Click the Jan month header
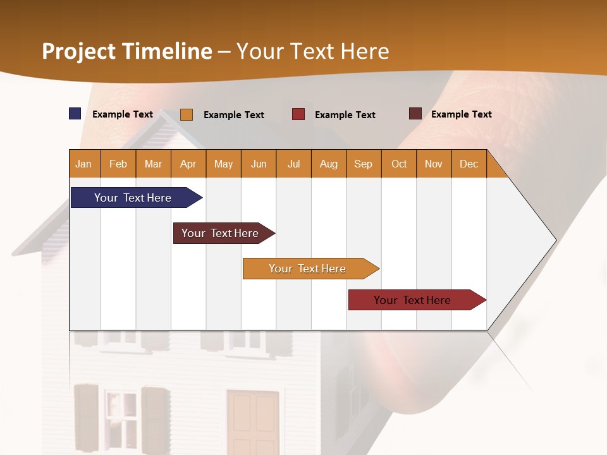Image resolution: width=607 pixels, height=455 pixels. pos(83,164)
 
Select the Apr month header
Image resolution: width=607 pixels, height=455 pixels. pos(188,164)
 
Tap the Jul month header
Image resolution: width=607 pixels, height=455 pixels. pos(294,164)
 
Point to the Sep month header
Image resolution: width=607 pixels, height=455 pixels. pos(364,164)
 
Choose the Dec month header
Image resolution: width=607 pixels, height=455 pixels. pos(469,164)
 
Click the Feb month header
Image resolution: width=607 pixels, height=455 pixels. pos(118,164)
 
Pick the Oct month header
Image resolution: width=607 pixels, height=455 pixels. pos(399,164)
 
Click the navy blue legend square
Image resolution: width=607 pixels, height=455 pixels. pos(75,114)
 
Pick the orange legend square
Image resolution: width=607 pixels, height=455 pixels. pos(187,114)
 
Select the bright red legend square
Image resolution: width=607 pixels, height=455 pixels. pos(298,114)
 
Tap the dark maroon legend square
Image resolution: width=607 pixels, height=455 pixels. pos(415,114)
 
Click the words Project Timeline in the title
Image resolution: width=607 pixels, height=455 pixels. pos(127,51)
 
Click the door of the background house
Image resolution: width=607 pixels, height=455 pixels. pos(254,420)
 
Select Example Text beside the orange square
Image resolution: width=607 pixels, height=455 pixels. pos(234,115)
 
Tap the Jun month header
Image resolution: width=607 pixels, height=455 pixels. pos(259,164)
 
